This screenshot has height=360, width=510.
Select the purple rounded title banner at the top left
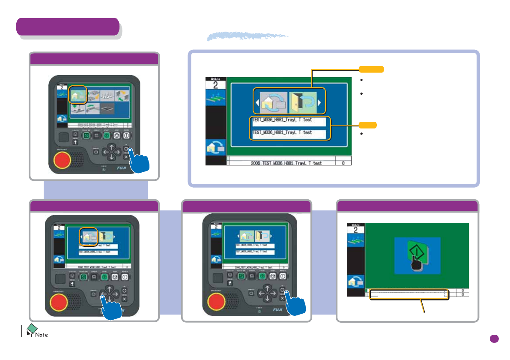click(67, 27)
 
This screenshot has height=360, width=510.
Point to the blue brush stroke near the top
click(247, 36)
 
